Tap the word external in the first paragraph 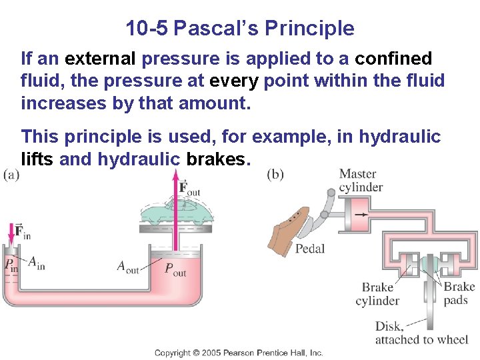tap(101, 59)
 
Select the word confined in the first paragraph tap(393, 59)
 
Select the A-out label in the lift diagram tap(128, 267)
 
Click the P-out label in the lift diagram tap(175, 269)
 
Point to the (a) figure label tap(11, 175)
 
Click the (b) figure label tap(275, 175)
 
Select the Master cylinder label tap(360, 180)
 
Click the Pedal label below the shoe tap(310, 249)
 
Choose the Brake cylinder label tap(377, 294)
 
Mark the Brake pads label tap(459, 293)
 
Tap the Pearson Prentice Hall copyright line tap(239, 353)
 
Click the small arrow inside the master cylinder tap(361, 215)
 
